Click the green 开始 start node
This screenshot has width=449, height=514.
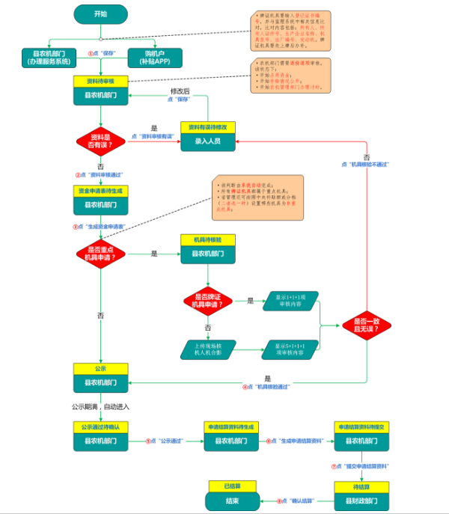(x=100, y=14)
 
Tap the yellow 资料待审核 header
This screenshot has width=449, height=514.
(x=100, y=81)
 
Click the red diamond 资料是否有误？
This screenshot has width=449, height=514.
(x=100, y=141)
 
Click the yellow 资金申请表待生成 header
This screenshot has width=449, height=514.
(x=100, y=191)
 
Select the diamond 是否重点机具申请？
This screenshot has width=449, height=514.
(x=100, y=254)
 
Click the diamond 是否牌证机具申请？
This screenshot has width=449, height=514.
(x=208, y=302)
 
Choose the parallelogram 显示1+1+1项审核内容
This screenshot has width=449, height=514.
(x=290, y=302)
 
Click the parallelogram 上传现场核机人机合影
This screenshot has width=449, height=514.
(x=208, y=349)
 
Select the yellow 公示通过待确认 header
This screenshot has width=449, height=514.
(x=100, y=426)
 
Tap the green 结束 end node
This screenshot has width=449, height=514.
(x=233, y=500)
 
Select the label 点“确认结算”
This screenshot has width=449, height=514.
(x=299, y=501)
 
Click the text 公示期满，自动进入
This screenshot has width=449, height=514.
(x=100, y=406)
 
